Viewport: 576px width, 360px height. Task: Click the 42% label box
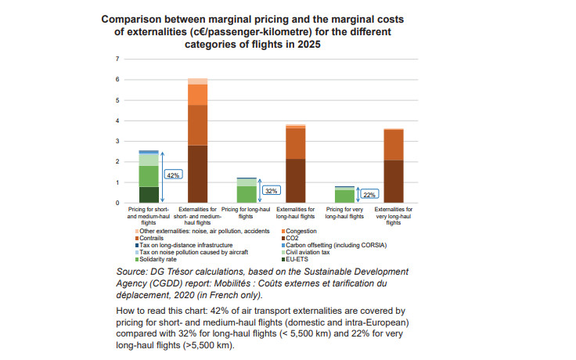173,175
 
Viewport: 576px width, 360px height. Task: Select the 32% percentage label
272,190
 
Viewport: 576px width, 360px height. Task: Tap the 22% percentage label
370,194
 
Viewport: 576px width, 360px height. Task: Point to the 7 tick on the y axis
117,59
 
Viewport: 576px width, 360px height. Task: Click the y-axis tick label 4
117,121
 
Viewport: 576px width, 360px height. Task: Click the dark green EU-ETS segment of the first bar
149,195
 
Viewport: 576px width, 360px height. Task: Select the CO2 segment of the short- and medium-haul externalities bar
197,174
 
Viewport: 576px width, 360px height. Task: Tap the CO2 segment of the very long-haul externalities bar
394,181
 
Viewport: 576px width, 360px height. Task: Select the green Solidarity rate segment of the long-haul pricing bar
247,194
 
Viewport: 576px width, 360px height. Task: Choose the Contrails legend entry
153,238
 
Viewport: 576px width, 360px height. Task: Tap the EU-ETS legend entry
300,259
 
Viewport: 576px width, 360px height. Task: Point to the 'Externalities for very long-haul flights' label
394,215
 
